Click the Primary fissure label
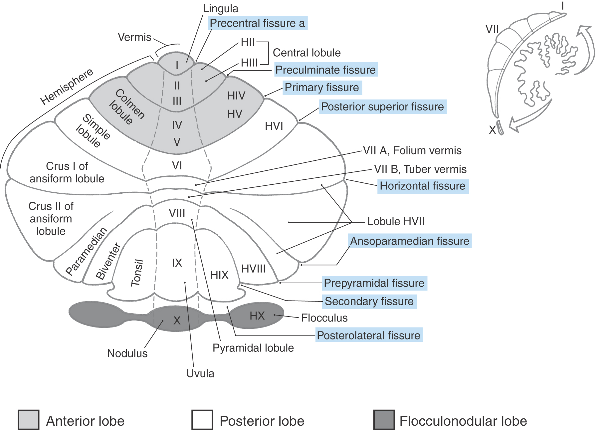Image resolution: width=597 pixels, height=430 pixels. tap(322, 88)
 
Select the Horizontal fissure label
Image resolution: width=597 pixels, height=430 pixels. tap(422, 186)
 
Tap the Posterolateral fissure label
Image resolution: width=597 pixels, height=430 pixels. tap(368, 335)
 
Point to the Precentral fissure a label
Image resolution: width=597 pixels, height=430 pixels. tap(257, 23)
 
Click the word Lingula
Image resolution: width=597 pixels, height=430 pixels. tap(221, 9)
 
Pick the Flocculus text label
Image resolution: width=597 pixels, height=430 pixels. tap(324, 318)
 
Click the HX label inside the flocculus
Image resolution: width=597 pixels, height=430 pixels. tap(257, 316)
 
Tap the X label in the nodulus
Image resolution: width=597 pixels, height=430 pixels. tap(177, 321)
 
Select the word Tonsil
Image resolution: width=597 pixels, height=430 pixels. tap(137, 273)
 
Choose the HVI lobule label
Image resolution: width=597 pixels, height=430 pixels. tap(274, 126)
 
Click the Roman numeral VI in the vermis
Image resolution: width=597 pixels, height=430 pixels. tap(177, 165)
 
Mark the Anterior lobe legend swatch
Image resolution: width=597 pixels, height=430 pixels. tap(29, 420)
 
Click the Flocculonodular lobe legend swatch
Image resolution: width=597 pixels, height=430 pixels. tap(384, 420)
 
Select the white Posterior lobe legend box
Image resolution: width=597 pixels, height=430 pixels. tap(202, 420)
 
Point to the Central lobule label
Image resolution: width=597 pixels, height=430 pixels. tap(306, 53)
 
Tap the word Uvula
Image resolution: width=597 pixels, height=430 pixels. tap(200, 373)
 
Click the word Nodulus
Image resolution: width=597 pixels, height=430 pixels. tap(127, 353)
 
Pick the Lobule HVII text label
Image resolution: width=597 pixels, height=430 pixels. tap(396, 221)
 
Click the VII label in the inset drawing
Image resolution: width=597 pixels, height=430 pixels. tap(492, 29)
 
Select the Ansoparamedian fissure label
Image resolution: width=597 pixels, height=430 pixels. tap(409, 241)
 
